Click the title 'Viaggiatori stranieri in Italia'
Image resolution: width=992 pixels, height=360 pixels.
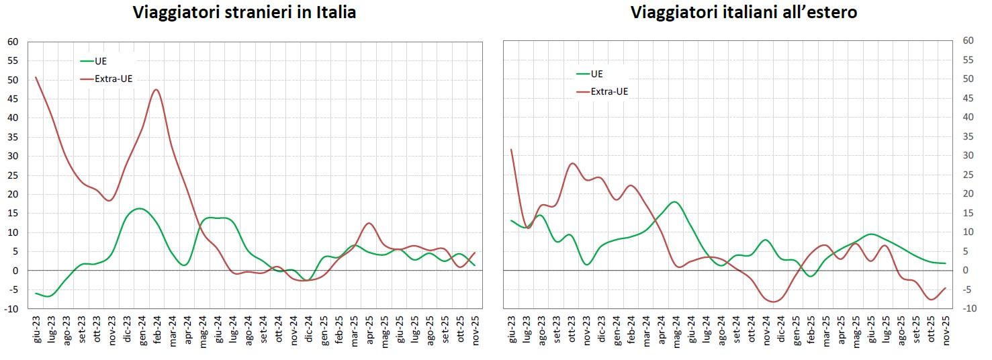[x=244, y=12]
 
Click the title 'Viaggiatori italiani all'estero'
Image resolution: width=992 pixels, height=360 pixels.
[x=743, y=12]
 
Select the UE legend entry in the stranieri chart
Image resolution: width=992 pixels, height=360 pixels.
[x=101, y=61]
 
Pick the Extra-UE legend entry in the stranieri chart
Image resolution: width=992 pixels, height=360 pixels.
[x=114, y=79]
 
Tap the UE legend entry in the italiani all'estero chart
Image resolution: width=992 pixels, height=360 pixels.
[x=596, y=74]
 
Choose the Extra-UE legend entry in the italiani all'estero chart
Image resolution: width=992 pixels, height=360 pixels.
[x=609, y=91]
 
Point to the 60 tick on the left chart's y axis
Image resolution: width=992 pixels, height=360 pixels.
[x=13, y=42]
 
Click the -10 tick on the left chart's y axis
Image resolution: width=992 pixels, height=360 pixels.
[x=13, y=309]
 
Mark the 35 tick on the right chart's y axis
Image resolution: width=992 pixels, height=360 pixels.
[x=968, y=136]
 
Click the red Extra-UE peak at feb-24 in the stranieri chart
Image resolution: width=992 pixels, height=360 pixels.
[x=156, y=89]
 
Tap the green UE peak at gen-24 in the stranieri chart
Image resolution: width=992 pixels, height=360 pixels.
[x=138, y=208]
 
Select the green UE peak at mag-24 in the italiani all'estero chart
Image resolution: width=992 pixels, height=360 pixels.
[x=674, y=201]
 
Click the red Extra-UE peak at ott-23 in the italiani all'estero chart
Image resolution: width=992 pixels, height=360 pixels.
[x=572, y=163]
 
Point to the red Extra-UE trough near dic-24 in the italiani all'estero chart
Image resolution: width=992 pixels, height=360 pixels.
[x=774, y=302]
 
